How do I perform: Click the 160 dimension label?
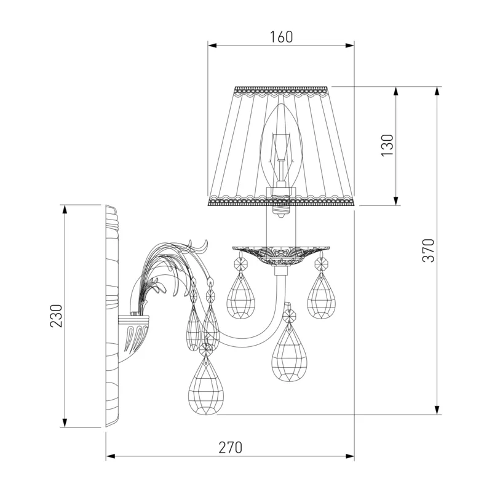pyautogui.click(x=281, y=37)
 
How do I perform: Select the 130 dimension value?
pyautogui.click(x=387, y=145)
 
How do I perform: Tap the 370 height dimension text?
pyautogui.click(x=429, y=250)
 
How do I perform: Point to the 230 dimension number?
pyautogui.click(x=57, y=316)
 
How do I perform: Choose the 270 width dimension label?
pyautogui.click(x=231, y=448)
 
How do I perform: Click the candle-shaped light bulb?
pyautogui.click(x=281, y=145)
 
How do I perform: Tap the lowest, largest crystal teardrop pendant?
pyautogui.click(x=205, y=386)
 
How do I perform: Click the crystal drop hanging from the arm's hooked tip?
pyautogui.click(x=289, y=351)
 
